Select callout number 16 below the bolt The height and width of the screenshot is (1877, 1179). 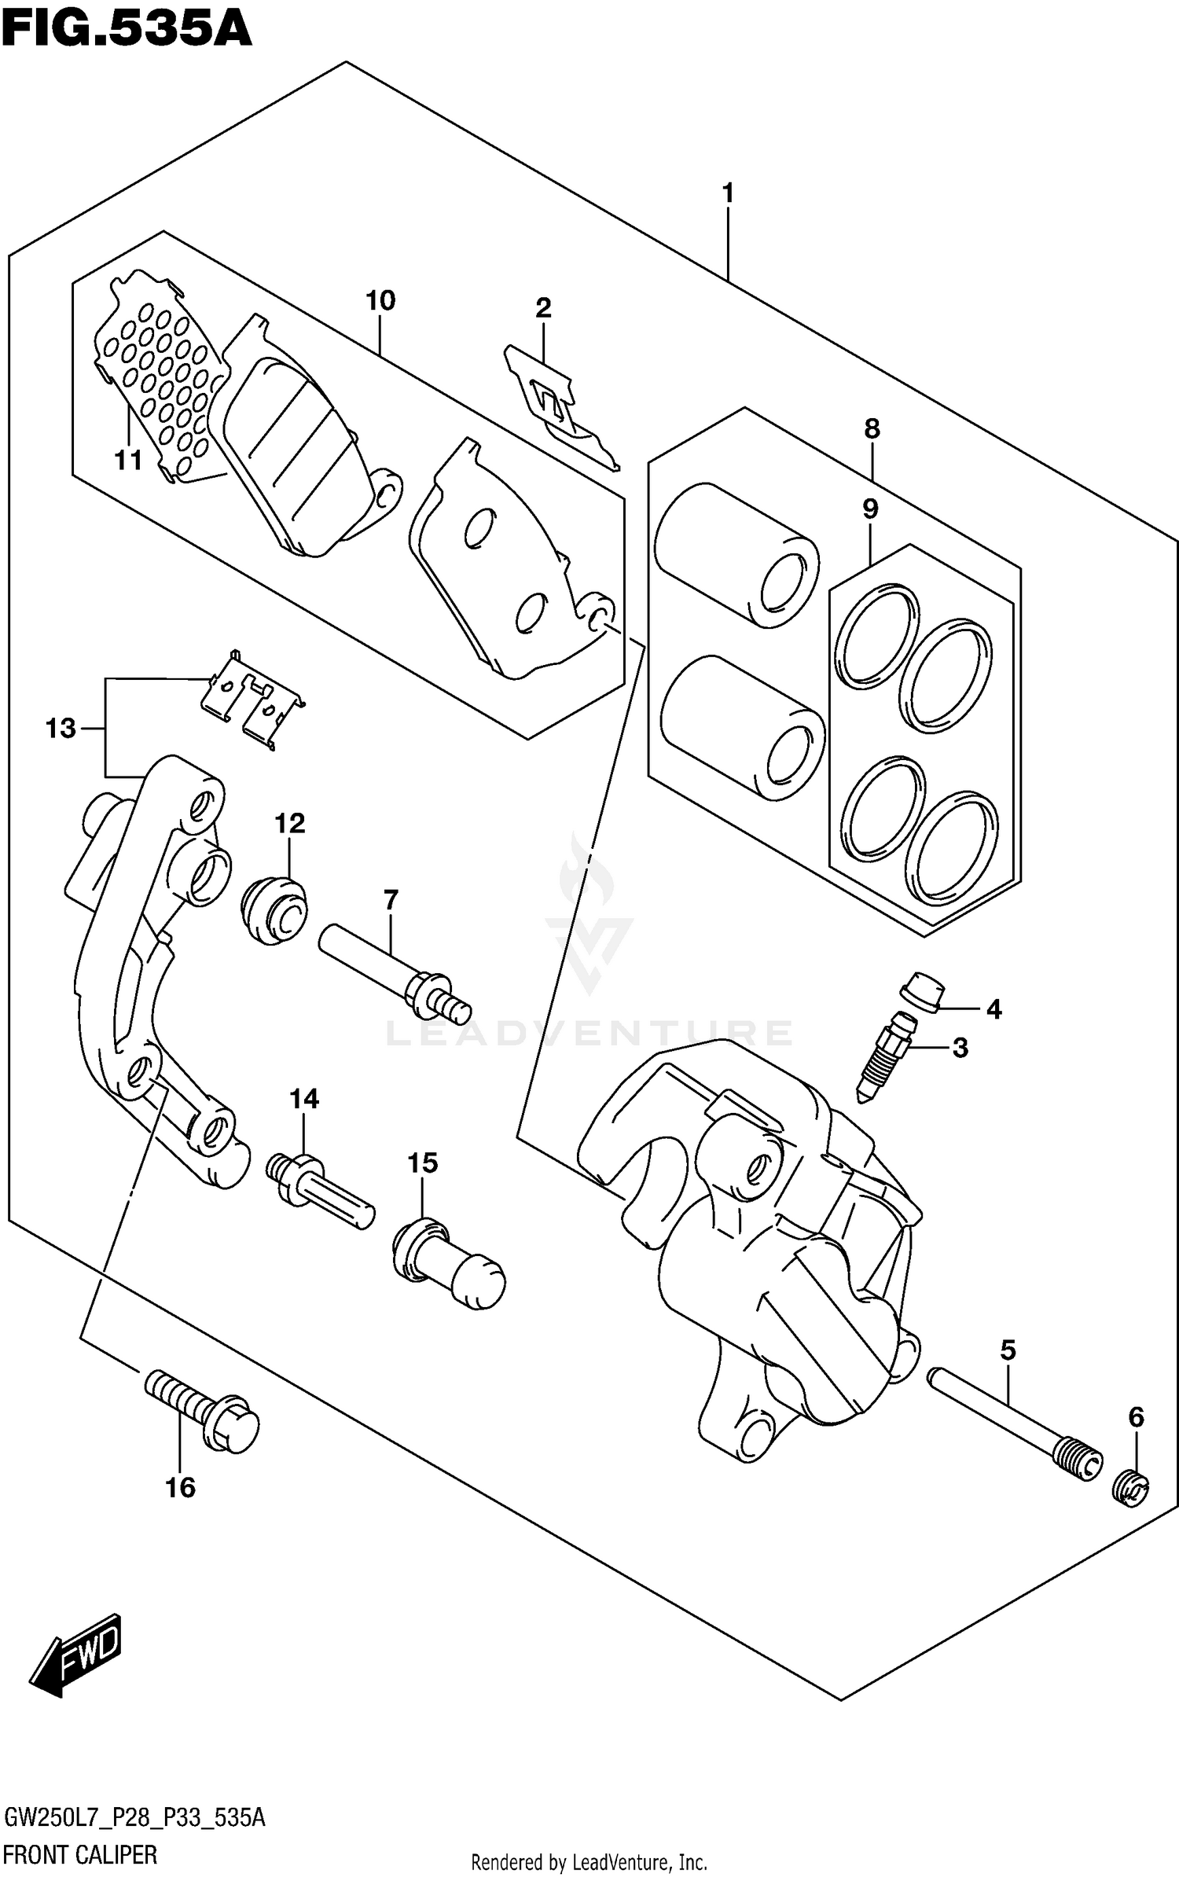pos(180,1487)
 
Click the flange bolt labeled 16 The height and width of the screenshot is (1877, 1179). pos(203,1410)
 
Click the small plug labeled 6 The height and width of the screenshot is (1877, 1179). pos(1131,1488)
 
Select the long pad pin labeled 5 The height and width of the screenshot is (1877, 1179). pos(1014,1423)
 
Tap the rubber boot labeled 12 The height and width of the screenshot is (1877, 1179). pos(274,911)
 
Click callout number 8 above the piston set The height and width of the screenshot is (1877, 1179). pos(872,428)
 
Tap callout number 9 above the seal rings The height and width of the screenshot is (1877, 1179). pos(869,509)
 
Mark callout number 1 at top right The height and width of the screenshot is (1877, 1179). pos(728,192)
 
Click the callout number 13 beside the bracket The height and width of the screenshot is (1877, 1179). pos(61,729)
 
